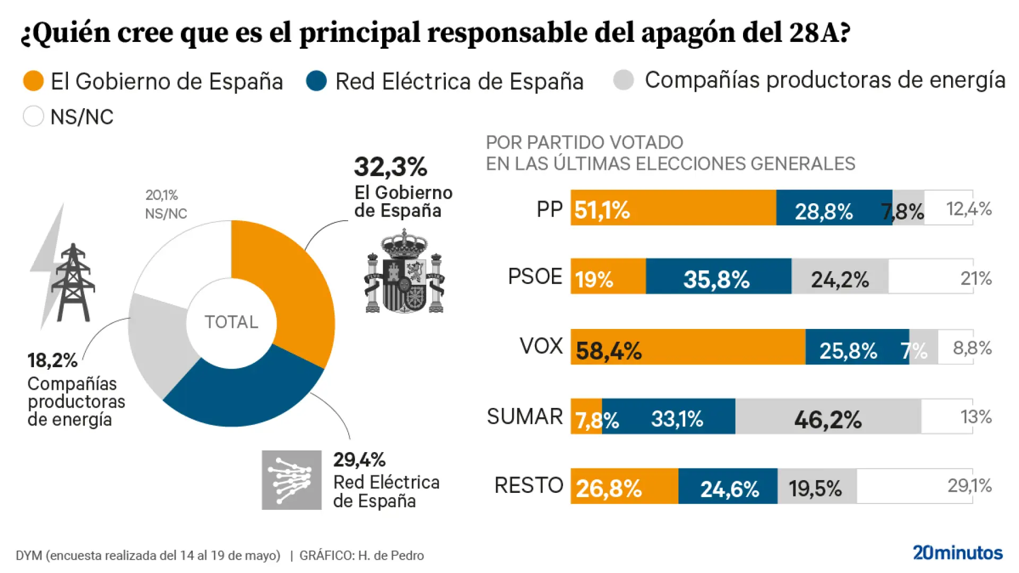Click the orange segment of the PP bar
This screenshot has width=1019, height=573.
tap(673, 207)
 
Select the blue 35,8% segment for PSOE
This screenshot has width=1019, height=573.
tap(718, 276)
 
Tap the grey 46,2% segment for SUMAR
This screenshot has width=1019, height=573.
tap(828, 416)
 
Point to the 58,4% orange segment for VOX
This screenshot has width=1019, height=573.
tap(688, 347)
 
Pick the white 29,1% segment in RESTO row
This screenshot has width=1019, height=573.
tap(914, 486)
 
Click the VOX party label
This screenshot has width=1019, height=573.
tap(541, 346)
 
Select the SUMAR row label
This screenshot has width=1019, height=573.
tap(524, 416)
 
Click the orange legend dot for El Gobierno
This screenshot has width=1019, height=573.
tap(33, 81)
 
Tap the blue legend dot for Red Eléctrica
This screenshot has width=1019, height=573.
tap(316, 81)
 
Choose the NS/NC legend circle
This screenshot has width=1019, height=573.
tap(33, 116)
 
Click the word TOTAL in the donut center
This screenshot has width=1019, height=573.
tap(231, 322)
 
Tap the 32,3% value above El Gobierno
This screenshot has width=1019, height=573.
tap(391, 167)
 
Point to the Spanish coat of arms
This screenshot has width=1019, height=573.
tap(404, 272)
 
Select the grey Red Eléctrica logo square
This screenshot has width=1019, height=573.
tap(291, 480)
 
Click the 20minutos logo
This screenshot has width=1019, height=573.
tap(957, 553)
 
